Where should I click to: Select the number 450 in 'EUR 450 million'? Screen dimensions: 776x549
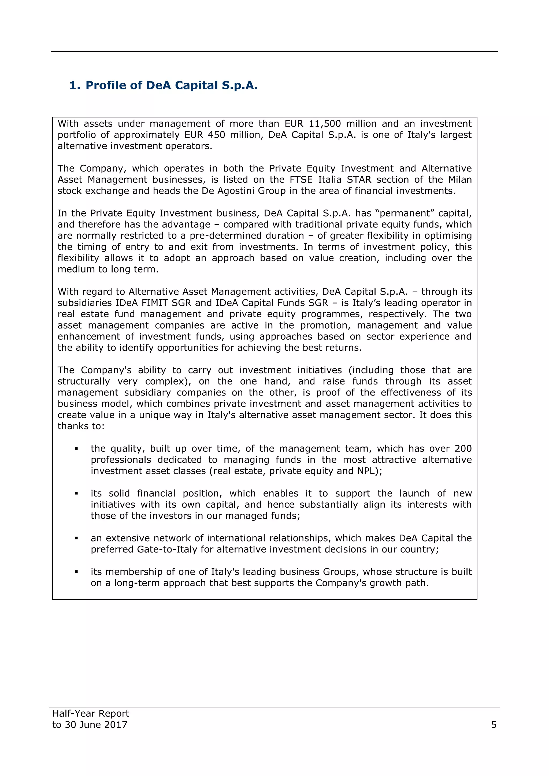pyautogui.click(x=216, y=135)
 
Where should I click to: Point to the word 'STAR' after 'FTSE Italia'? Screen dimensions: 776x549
pyautogui.click(x=359, y=180)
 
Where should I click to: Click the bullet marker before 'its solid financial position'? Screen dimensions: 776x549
pyautogui.click(x=76, y=494)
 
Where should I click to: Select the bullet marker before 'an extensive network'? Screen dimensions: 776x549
pyautogui.click(x=76, y=538)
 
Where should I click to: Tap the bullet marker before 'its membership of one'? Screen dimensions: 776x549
pyautogui.click(x=76, y=572)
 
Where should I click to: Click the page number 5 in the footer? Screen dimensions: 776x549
pyautogui.click(x=494, y=725)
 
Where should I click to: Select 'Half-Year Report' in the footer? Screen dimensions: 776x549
pyautogui.click(x=91, y=714)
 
